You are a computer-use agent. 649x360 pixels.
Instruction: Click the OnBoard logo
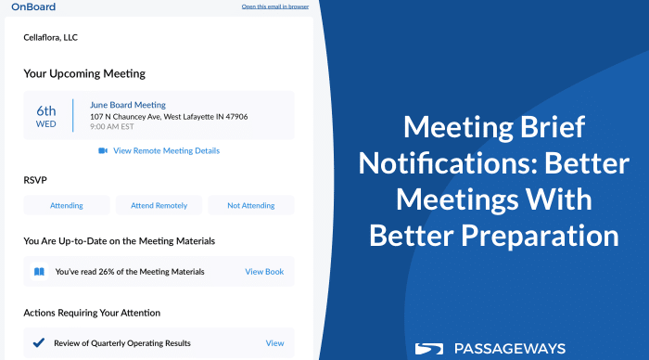[x=33, y=6]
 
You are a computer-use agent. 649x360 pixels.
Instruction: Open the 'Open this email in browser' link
[x=274, y=6]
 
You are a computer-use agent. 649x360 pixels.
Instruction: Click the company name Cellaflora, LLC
[x=50, y=37]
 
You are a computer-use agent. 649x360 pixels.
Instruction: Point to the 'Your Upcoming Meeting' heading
[x=84, y=73]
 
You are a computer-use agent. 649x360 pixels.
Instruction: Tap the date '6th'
[x=46, y=110]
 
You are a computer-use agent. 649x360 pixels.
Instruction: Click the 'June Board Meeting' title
[x=128, y=105]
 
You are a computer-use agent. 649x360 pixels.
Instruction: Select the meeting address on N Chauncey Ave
[x=169, y=117]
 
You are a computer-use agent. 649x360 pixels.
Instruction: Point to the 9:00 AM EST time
[x=112, y=127]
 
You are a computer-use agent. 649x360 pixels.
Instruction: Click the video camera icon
[x=103, y=151]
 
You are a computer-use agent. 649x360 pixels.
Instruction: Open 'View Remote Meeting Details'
[x=166, y=151]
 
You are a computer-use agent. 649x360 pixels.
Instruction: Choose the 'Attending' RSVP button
[x=67, y=205]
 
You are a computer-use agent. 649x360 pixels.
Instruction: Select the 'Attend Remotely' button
[x=159, y=205]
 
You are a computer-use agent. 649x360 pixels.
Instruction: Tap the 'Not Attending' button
[x=251, y=205]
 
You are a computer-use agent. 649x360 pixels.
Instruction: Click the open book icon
[x=39, y=272]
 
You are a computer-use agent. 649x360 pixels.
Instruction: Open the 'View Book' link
[x=264, y=272]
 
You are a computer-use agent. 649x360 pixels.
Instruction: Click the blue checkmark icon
[x=39, y=342]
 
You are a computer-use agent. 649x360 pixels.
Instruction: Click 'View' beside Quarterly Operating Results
[x=274, y=343]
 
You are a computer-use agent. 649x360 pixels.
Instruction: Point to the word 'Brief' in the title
[x=553, y=127]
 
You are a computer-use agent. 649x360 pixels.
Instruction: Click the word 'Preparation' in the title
[x=540, y=237]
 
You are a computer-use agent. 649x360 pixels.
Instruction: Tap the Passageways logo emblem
[x=429, y=349]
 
